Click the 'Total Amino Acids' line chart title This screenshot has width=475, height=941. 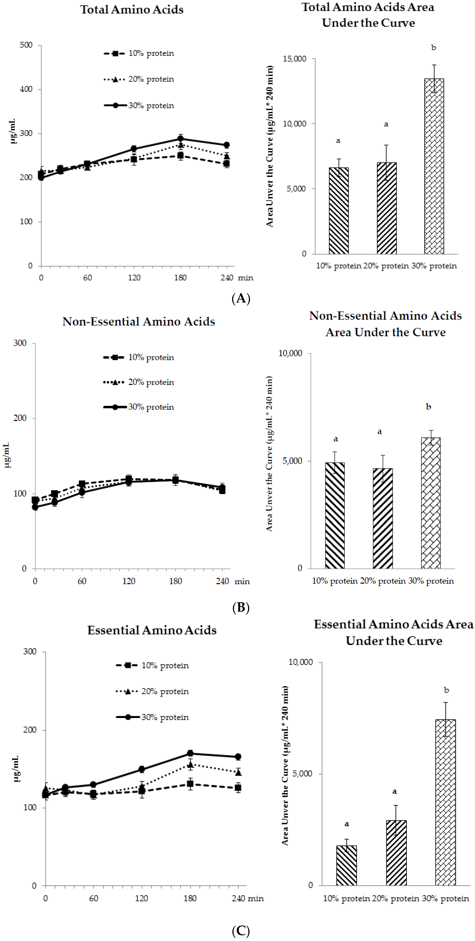pos(132,10)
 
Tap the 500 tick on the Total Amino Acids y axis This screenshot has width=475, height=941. pos(26,45)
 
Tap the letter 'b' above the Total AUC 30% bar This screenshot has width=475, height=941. pos(434,48)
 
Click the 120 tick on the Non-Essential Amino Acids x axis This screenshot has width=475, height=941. pos(129,581)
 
